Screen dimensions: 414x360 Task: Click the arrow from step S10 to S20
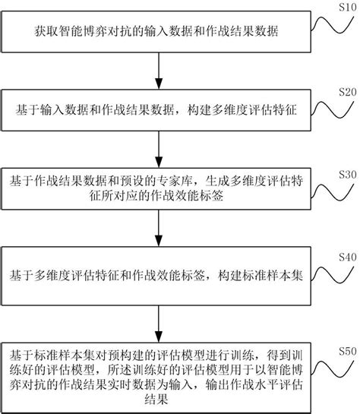[x=159, y=71]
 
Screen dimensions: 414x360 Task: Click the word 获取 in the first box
[x=47, y=31]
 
